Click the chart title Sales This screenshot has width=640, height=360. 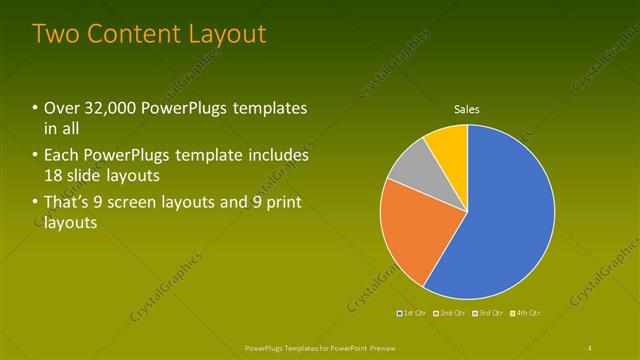pos(467,109)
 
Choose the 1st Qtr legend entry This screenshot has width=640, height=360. pos(414,314)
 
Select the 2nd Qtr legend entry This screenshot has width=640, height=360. pos(453,314)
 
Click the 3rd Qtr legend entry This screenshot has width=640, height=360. pos(490,314)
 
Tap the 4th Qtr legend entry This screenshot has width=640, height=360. pos(527,314)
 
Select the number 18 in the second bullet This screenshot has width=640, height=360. pos(54,175)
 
